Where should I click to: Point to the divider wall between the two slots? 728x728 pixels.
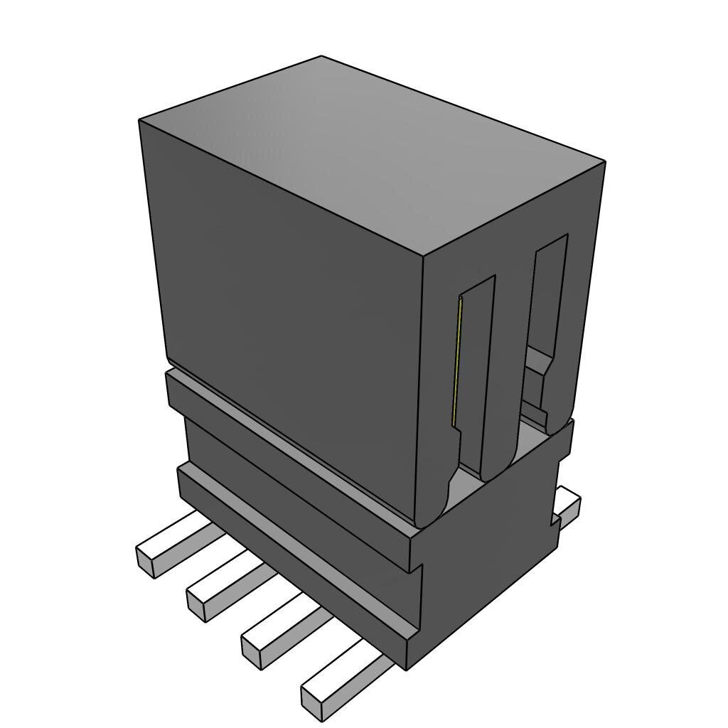tap(510, 355)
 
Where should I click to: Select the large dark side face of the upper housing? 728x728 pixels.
tap(284, 299)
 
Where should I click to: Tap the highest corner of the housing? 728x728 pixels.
tap(321, 56)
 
